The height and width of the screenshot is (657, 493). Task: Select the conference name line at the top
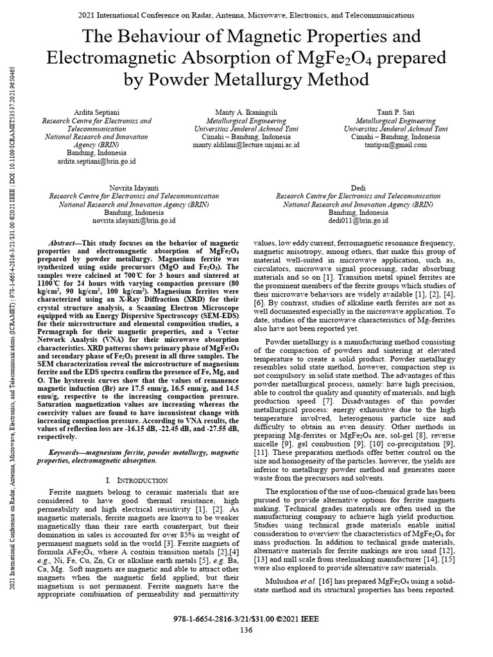pyautogui.click(x=246, y=14)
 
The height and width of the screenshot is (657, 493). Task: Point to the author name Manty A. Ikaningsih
pyautogui.click(x=246, y=112)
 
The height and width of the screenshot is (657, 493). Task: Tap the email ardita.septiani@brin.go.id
pyautogui.click(x=96, y=162)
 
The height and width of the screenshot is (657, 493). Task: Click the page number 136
pyautogui.click(x=246, y=630)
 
